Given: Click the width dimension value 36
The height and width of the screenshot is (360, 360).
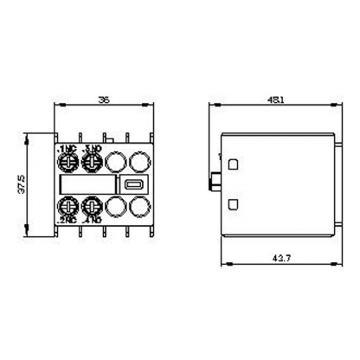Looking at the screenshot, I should [x=103, y=100].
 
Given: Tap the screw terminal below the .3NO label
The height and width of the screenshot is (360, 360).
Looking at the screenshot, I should [x=91, y=162].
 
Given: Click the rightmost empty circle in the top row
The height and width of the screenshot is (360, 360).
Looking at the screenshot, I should [x=137, y=162].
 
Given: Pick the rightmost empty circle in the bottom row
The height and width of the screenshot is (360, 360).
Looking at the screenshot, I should [x=137, y=207].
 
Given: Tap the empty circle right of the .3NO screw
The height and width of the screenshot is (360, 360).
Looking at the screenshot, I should [x=114, y=162].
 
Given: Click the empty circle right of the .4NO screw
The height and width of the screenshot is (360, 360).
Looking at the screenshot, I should [x=114, y=207].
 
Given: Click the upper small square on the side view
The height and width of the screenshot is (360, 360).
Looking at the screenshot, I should [x=234, y=163].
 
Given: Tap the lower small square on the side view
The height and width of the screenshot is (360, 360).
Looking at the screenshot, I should [x=234, y=203].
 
